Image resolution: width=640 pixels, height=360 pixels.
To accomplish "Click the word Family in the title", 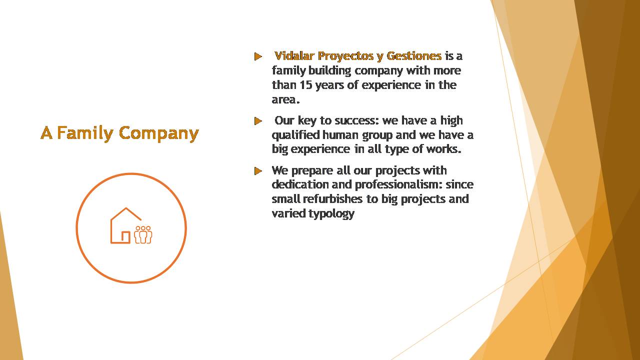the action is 85,133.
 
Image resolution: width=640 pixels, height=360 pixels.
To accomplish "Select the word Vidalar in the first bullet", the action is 294,56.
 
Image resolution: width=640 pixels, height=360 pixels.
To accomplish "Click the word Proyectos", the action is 345,56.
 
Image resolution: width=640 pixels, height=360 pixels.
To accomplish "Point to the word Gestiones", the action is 414,56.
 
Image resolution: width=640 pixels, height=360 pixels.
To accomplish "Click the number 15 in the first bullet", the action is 305,85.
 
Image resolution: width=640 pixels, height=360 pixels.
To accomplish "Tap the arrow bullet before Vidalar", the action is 258,56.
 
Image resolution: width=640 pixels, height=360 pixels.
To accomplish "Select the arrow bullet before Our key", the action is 258,121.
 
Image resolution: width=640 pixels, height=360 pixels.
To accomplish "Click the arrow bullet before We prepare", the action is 258,171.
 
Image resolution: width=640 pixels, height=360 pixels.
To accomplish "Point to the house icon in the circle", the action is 125,225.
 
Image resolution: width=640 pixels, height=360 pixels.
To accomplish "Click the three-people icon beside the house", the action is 143,235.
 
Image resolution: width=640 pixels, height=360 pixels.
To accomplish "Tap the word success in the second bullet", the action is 356,120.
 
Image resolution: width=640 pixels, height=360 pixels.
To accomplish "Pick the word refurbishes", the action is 332,199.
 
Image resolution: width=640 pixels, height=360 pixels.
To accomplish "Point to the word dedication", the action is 300,184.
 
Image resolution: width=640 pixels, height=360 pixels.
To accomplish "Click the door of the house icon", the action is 125,237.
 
